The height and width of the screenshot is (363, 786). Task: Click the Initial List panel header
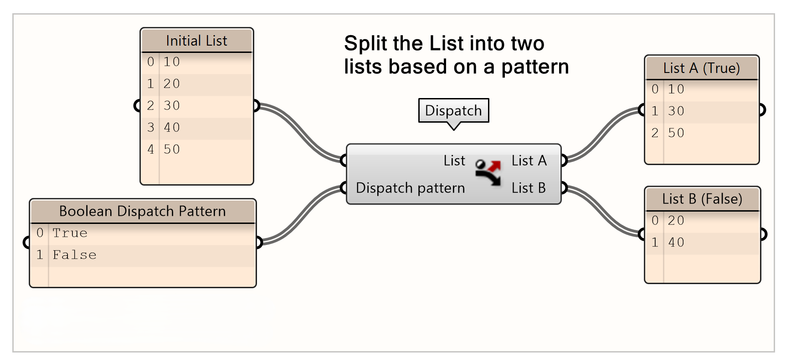(196, 41)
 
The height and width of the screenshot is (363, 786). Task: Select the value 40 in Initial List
(172, 127)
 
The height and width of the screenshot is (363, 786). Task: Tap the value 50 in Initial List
(172, 149)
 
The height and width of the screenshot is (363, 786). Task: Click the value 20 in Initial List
(172, 84)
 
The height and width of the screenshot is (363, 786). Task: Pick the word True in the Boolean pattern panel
(70, 233)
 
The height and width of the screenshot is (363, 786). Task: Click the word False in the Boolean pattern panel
(74, 255)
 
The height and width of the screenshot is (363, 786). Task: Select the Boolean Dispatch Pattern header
(142, 211)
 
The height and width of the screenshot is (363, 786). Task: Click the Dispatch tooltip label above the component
(453, 110)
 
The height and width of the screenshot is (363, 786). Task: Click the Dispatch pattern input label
(410, 188)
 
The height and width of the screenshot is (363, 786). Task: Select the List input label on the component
(454, 161)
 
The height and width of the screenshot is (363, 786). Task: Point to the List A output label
(529, 161)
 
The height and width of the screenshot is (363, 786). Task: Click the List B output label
(529, 188)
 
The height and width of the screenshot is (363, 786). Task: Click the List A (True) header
(701, 68)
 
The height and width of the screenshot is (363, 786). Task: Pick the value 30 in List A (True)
(676, 111)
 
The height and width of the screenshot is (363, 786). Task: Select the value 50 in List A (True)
(676, 133)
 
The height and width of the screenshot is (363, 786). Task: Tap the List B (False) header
(702, 199)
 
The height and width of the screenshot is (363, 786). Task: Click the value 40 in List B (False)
(676, 242)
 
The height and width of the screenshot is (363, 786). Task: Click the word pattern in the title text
(535, 67)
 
